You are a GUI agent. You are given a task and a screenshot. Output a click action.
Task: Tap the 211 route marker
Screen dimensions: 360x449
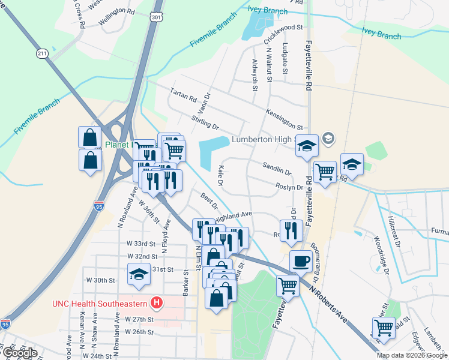(42, 54)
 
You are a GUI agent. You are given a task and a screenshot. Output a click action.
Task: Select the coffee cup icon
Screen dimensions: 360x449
(301, 262)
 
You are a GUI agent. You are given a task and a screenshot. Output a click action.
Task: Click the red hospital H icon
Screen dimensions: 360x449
(157, 301)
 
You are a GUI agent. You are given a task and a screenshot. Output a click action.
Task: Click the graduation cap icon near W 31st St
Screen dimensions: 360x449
(139, 275)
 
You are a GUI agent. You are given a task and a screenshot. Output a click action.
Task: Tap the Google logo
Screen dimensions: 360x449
(19, 353)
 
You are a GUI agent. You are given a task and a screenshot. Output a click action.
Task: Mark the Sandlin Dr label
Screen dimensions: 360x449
(276, 168)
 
